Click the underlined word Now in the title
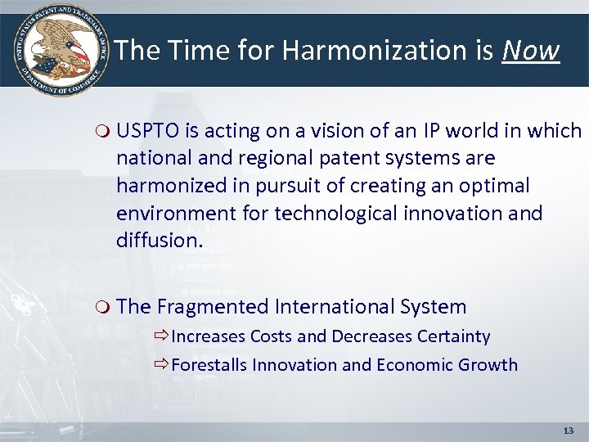[531, 51]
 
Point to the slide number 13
[569, 430]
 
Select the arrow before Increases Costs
[160, 336]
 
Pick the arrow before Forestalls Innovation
[160, 365]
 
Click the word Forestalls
[209, 365]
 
